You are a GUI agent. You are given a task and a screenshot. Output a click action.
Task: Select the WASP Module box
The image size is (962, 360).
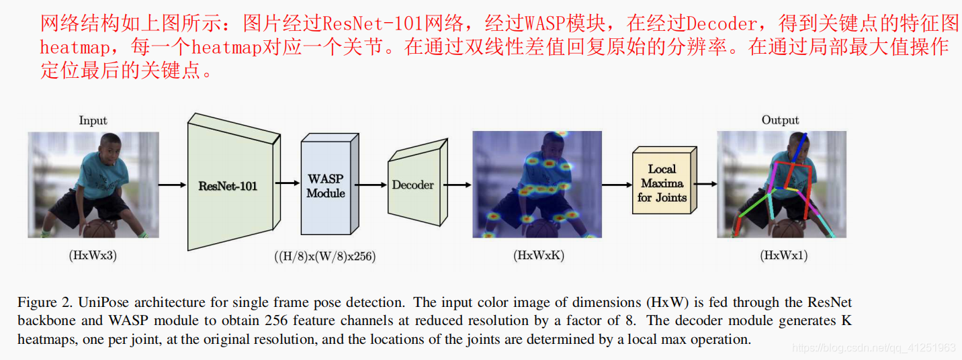(326, 186)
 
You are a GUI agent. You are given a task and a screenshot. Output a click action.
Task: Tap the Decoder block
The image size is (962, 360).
(413, 184)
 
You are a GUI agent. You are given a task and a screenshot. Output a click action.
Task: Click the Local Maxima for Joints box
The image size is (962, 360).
(662, 183)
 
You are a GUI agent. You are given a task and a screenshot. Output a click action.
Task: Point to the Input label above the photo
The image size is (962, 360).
(93, 121)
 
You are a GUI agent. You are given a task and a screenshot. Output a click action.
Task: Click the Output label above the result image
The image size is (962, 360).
(780, 120)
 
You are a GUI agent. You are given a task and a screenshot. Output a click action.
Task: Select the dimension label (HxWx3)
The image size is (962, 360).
(93, 255)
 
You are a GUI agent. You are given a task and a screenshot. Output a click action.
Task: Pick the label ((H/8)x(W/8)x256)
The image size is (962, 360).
(324, 256)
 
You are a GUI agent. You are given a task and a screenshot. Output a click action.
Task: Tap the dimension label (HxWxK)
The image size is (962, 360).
(536, 255)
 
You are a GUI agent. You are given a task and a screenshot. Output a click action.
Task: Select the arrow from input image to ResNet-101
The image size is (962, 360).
(173, 184)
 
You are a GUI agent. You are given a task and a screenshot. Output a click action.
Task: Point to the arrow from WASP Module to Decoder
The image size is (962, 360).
(369, 184)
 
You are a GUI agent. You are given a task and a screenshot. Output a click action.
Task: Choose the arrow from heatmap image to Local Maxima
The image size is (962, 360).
(617, 184)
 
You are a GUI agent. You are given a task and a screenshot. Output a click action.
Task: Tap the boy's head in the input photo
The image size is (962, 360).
(108, 146)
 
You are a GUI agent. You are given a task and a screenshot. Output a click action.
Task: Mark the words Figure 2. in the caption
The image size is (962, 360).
(37, 303)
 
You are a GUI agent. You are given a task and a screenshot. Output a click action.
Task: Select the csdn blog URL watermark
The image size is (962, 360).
(873, 347)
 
